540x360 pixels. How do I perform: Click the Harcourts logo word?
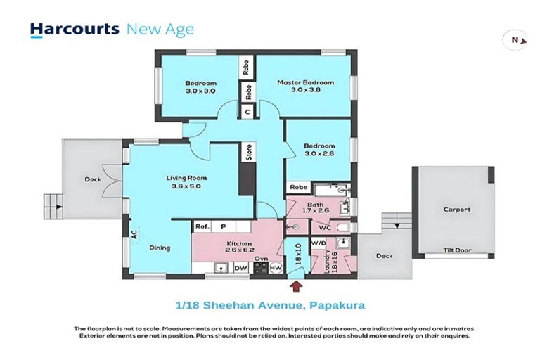click(x=74, y=29)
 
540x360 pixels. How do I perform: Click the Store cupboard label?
click(x=248, y=153)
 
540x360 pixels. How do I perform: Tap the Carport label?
click(x=456, y=209)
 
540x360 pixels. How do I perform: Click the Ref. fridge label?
click(x=202, y=226)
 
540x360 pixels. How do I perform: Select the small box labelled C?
click(x=247, y=111)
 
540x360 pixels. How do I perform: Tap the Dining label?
click(x=160, y=247)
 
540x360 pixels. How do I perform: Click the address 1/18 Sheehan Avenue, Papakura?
click(x=270, y=305)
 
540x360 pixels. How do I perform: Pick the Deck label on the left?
click(x=92, y=179)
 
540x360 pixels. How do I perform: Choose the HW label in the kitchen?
click(x=276, y=268)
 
